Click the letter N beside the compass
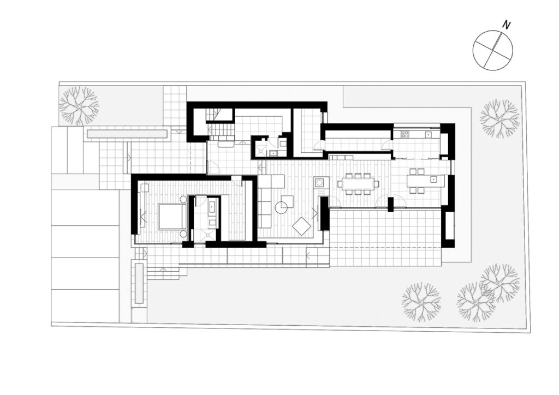pos(506,25)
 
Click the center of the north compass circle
pos(493,50)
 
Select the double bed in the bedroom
pos(173,217)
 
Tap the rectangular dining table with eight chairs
pos(358,184)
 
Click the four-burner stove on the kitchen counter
pos(406,135)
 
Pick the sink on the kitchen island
pos(433,179)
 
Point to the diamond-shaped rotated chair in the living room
pos(301,226)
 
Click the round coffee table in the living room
pos(282,207)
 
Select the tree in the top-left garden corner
pos(79,105)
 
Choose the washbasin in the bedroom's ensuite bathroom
pos(212,206)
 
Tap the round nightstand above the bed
pos(183,199)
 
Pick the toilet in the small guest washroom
pos(283,144)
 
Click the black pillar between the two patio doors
pos(391,205)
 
